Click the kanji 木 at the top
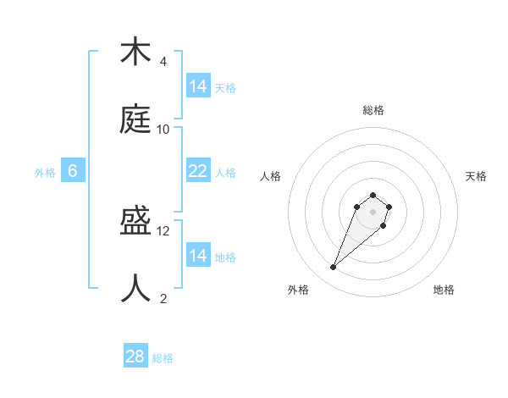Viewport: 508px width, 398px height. (135, 53)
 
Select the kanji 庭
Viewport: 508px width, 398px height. (135, 119)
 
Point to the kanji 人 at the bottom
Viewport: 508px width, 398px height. (135, 289)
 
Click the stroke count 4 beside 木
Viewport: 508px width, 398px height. (163, 62)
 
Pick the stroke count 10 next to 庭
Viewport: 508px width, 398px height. (163, 129)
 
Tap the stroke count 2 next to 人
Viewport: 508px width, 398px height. (163, 298)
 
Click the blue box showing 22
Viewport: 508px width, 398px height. (198, 171)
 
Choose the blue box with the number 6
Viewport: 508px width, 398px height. (73, 171)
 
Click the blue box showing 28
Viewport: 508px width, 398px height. (135, 357)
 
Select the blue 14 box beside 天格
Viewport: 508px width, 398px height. (198, 86)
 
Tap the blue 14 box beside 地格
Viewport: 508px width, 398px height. (198, 256)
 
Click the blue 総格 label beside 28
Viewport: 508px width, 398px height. (163, 358)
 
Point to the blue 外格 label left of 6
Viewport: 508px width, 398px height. (45, 173)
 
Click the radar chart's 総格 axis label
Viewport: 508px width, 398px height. (373, 110)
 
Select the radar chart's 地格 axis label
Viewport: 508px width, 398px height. (444, 290)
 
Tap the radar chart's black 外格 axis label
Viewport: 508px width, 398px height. (298, 290)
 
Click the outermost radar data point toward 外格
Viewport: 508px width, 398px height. (334, 268)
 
